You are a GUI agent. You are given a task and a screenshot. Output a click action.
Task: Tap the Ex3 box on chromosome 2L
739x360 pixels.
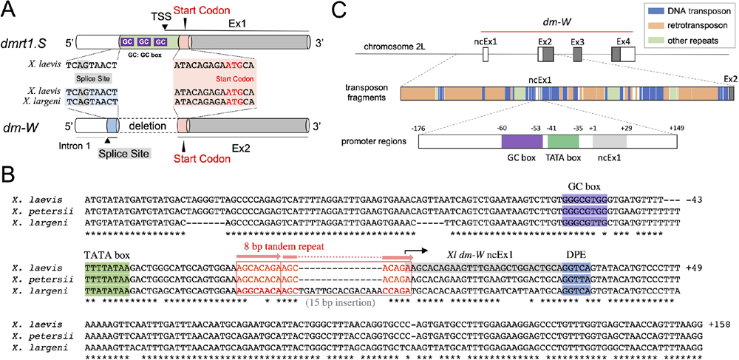577,54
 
